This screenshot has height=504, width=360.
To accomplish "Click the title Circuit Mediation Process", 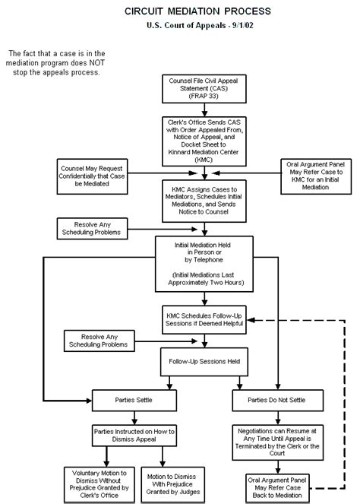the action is click(197, 11).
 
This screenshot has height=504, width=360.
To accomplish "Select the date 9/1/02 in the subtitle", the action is click(242, 25).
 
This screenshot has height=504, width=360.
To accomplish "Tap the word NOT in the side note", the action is click(97, 62).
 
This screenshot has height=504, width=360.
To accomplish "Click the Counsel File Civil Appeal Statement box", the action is click(204, 89).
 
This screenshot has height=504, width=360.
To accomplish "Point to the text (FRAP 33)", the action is click(204, 96).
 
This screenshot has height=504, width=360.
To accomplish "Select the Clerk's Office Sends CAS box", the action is click(204, 141).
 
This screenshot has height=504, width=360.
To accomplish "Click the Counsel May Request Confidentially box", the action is click(92, 176).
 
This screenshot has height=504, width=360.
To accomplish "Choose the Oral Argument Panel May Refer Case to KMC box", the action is click(316, 176).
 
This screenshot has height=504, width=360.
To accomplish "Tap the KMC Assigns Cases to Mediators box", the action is click(204, 201).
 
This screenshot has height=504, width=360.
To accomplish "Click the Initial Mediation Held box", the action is click(204, 264).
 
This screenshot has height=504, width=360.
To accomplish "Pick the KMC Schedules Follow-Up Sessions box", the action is click(204, 319).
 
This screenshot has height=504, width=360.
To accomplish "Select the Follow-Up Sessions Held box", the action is click(204, 362).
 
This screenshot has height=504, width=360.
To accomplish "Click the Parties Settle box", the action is click(134, 400).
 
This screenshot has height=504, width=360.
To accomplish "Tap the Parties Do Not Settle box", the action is click(278, 400).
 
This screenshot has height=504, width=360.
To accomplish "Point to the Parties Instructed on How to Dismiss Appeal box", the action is click(134, 436).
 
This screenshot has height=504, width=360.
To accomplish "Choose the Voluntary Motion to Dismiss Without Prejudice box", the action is click(99, 484).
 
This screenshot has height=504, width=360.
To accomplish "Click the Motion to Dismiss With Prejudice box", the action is click(172, 484).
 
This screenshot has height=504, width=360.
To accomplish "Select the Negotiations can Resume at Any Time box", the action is click(278, 442).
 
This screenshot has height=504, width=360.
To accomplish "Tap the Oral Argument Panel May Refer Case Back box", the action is click(278, 488).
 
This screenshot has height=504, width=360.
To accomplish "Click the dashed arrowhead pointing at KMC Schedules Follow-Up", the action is click(251, 320).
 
